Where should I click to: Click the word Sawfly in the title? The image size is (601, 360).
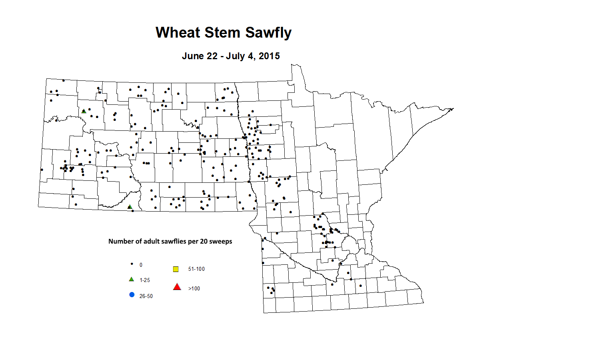click(x=268, y=33)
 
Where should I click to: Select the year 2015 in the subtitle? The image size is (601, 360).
click(x=269, y=56)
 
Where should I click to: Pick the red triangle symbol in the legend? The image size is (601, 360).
click(x=177, y=287)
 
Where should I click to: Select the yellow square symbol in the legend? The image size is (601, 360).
click(x=176, y=269)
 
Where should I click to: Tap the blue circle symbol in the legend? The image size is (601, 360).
click(x=132, y=295)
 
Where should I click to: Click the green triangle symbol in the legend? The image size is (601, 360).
click(x=131, y=279)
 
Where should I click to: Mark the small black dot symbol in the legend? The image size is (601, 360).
click(x=132, y=264)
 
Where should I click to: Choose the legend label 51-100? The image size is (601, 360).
click(x=196, y=269)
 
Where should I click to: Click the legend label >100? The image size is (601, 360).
click(x=194, y=288)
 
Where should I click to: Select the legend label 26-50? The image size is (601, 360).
click(x=146, y=296)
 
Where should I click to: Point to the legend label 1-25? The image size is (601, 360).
click(x=145, y=280)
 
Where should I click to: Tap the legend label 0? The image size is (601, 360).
click(x=141, y=265)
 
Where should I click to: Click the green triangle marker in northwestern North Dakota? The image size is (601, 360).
click(x=84, y=111)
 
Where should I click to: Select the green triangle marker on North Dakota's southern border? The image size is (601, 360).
click(x=130, y=207)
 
